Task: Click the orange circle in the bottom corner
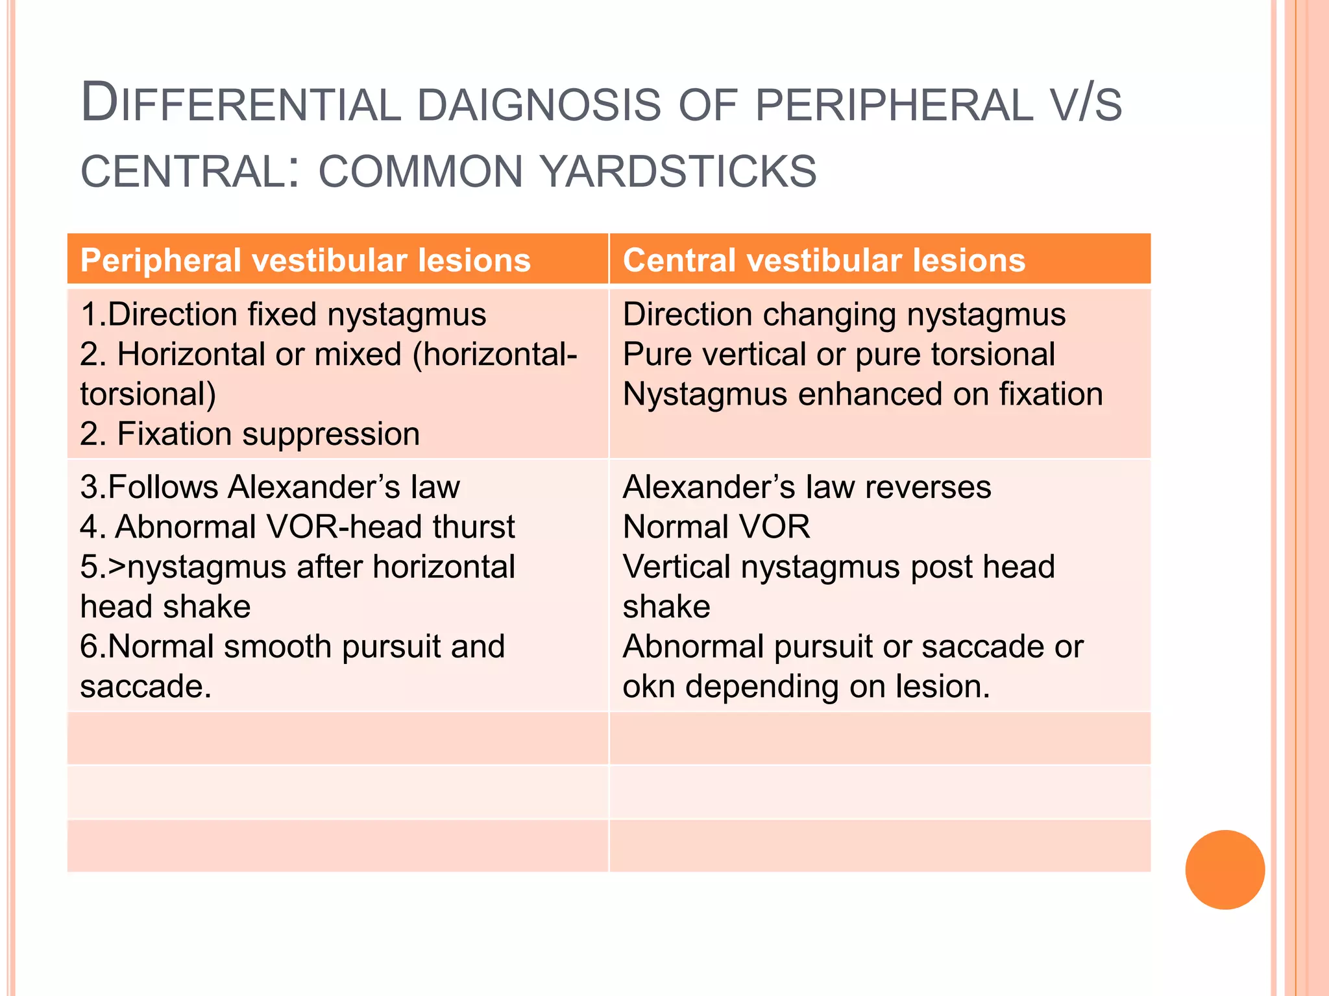tap(1225, 870)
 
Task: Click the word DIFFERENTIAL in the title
tap(241, 104)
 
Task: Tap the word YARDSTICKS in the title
tap(678, 171)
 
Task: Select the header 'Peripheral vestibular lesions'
tap(306, 260)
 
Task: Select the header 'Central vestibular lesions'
tap(824, 260)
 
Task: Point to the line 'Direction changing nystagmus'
tap(844, 314)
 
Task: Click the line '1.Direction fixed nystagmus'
tap(283, 314)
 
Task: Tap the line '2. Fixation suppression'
tap(250, 434)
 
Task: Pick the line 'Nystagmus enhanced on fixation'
tap(862, 394)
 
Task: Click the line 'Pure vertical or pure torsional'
tap(838, 355)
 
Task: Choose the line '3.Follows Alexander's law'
tap(270, 487)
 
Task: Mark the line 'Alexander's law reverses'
tap(807, 487)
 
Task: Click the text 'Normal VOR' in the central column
tap(716, 527)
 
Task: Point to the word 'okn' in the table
tap(648, 687)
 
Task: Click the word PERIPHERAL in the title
tap(894, 104)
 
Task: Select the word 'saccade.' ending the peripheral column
tap(146, 687)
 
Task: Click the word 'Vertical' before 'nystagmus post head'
tap(676, 567)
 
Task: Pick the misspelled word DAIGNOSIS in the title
tap(539, 104)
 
